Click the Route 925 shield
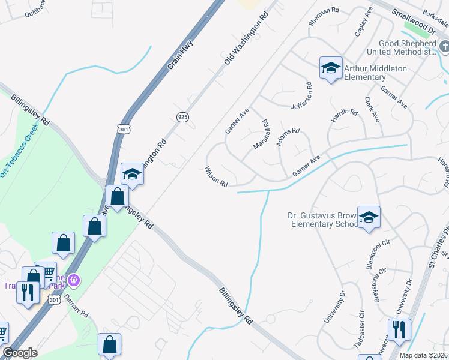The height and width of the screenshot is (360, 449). pyautogui.click(x=182, y=116)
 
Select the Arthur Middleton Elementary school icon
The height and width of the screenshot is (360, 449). pyautogui.click(x=330, y=69)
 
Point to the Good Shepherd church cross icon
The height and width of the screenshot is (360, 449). pyautogui.click(x=443, y=46)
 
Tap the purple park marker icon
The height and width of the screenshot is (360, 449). pyautogui.click(x=74, y=279)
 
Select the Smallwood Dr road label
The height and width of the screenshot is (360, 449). pyautogui.click(x=412, y=20)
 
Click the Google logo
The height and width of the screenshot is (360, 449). pyautogui.click(x=20, y=353)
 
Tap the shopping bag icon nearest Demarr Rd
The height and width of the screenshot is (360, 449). pyautogui.click(x=109, y=346)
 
